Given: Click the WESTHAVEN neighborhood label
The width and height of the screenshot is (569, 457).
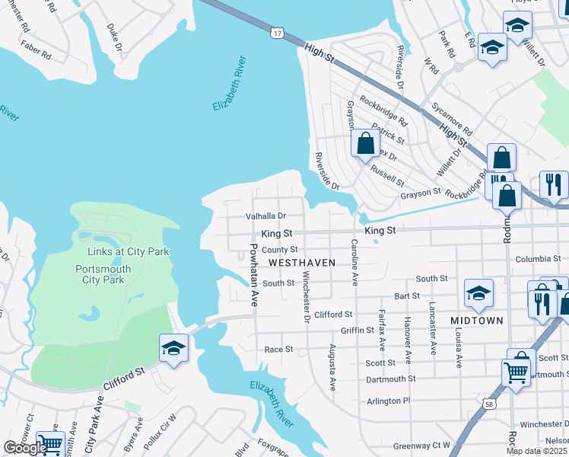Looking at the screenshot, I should click(x=302, y=262).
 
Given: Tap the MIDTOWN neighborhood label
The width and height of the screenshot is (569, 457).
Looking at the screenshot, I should click(x=476, y=321).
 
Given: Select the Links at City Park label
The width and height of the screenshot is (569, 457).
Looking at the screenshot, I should click(x=128, y=251).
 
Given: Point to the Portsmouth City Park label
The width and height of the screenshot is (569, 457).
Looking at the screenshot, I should click(x=103, y=274).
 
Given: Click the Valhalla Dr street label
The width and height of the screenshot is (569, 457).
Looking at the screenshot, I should click(x=265, y=216).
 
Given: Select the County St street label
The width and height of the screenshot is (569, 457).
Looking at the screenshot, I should click(x=279, y=250).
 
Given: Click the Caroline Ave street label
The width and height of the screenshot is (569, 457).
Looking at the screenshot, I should click(x=354, y=261).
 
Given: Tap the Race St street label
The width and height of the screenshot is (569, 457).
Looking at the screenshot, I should click(x=278, y=350).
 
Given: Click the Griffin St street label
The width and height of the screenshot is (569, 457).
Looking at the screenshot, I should click(x=358, y=331).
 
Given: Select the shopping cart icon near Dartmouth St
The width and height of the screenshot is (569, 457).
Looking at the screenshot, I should click(x=516, y=373).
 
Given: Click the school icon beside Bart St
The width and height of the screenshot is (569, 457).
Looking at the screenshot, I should click(x=478, y=293).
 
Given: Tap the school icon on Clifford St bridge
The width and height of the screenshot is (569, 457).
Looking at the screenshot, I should click(x=173, y=349).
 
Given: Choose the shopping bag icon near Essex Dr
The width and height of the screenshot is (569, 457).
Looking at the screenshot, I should click(x=365, y=143).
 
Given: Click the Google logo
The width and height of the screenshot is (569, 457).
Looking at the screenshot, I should click(x=24, y=448).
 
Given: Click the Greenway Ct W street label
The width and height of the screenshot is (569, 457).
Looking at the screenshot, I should click(x=421, y=446).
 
